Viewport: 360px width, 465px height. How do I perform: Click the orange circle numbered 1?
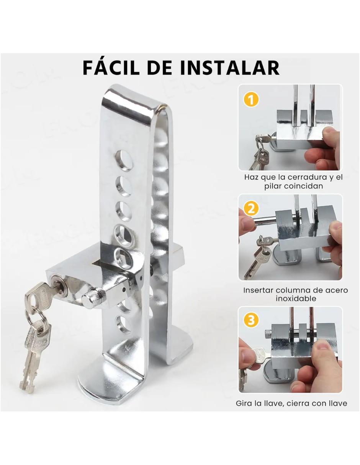point(251,99)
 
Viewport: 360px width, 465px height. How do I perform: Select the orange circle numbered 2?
point(251,208)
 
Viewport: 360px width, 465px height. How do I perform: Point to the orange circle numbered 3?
point(251,320)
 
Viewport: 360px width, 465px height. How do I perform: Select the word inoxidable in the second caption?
point(296,299)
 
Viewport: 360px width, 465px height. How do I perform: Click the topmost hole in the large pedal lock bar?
point(123,160)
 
